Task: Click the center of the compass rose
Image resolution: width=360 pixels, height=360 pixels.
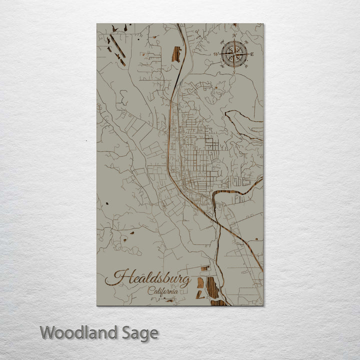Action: click(234, 53)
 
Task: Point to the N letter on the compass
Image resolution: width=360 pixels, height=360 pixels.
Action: click(234, 36)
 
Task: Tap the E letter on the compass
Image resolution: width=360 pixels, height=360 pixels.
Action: click(252, 53)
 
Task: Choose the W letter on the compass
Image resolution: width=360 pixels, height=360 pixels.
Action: click(216, 53)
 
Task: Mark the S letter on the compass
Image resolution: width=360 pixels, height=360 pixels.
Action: click(234, 71)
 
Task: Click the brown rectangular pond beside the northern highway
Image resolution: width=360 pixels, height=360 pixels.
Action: click(176, 53)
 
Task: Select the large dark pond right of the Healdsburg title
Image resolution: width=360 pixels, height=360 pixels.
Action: click(212, 288)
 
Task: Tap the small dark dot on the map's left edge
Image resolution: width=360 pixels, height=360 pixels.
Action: click(106, 204)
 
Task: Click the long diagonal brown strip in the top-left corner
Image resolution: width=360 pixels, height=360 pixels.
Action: click(118, 46)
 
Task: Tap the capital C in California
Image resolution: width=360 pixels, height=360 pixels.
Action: click(150, 291)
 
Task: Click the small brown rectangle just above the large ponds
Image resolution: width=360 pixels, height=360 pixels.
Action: click(204, 268)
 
